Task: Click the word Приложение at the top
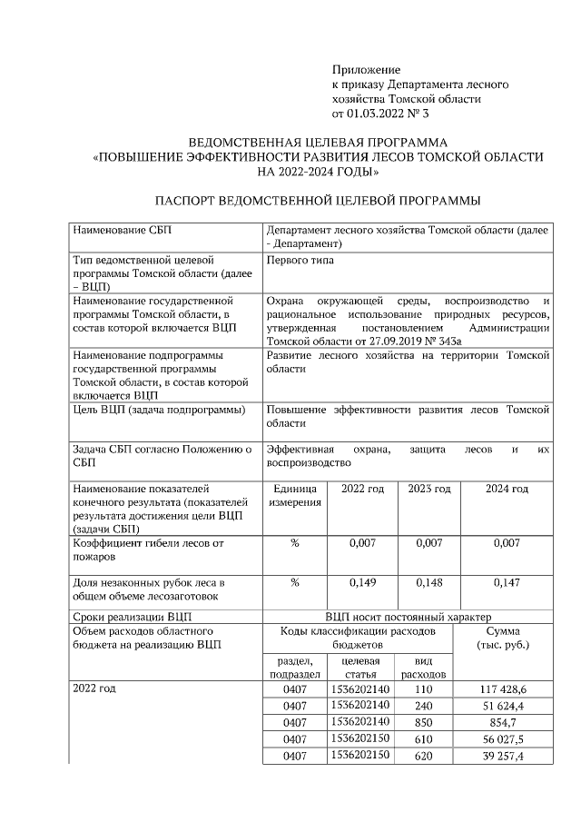[366, 70]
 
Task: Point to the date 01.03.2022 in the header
[379, 114]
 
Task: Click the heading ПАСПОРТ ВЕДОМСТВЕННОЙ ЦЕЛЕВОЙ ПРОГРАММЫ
[317, 200]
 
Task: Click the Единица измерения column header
[295, 496]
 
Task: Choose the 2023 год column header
[428, 489]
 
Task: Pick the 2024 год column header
[507, 489]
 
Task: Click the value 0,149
[363, 582]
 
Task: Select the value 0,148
[428, 582]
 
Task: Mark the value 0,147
[507, 582]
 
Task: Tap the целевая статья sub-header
[360, 668]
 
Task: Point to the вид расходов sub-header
[423, 668]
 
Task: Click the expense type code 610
[423, 739]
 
